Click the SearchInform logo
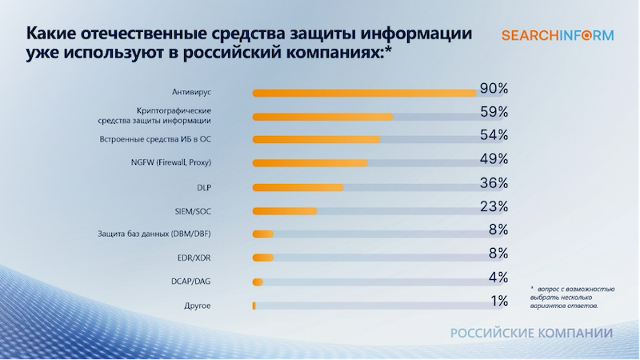pos(558,35)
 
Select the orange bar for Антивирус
pos(364,93)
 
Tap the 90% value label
pos(494,88)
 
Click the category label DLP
pos(202,187)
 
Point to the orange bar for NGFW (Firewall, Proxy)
pos(310,163)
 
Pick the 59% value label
pos(494,111)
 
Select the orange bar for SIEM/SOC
pos(284,211)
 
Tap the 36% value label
pos(494,182)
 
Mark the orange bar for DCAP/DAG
pos(258,282)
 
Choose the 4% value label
pos(498,278)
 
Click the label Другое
pos(198,306)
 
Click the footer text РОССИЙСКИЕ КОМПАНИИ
pos(531,333)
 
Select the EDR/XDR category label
pos(194,258)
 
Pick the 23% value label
pos(494,206)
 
